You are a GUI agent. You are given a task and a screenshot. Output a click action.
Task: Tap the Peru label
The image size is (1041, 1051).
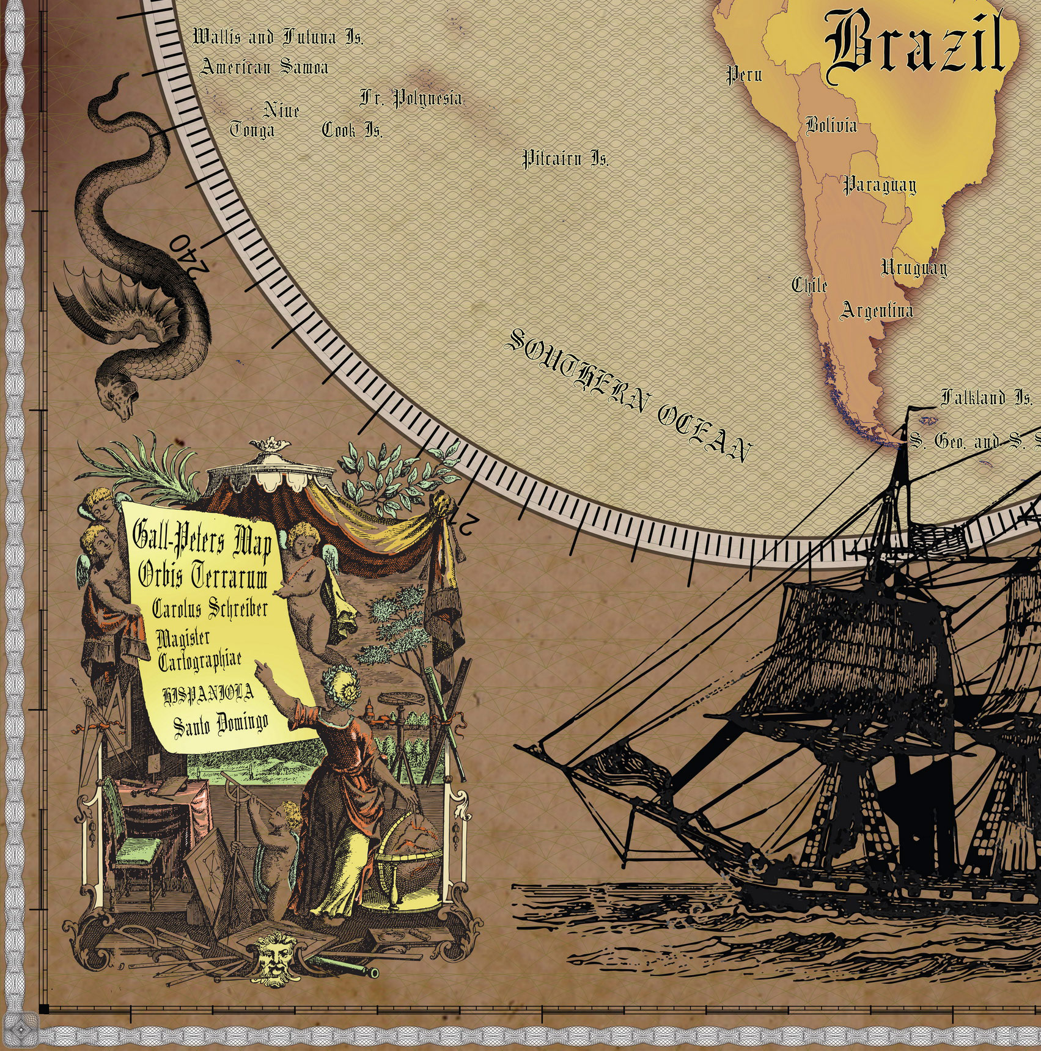744,75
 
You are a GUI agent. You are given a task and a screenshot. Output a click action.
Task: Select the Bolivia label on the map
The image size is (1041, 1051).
831,125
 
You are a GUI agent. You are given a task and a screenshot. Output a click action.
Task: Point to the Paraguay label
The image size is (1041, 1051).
880,185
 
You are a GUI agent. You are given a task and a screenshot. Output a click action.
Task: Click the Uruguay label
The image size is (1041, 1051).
914,268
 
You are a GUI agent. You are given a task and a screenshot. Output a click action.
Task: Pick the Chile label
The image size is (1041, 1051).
809,285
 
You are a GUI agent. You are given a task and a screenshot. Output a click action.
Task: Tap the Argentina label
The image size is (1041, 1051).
877,310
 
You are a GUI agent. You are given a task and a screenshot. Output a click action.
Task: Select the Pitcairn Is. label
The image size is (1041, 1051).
565,159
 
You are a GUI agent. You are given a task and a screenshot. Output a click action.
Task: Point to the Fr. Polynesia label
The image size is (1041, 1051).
410,98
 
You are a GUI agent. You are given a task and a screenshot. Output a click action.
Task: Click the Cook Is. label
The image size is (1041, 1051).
352,130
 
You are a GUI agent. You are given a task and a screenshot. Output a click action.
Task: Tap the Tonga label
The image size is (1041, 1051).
252,130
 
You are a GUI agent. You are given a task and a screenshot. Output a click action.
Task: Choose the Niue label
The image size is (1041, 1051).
281,111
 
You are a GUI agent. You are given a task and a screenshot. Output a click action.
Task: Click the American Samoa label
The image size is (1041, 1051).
264,67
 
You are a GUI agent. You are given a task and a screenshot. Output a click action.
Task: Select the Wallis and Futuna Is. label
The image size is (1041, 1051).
278,38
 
